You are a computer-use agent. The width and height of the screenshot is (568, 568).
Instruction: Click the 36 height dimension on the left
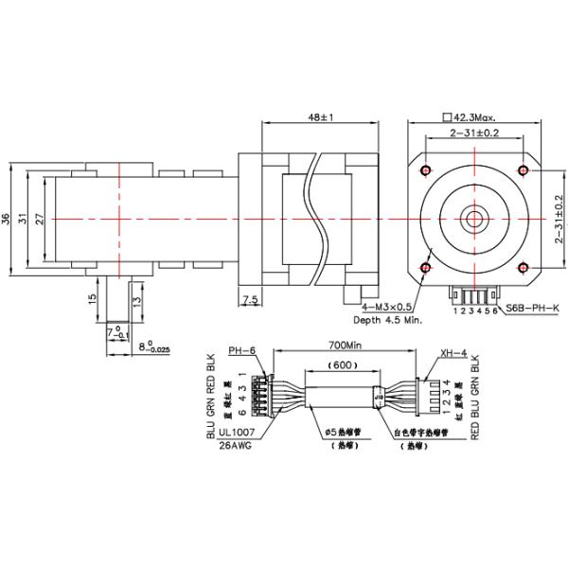pyautogui.click(x=8, y=219)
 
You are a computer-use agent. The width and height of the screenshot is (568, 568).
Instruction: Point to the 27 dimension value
pyautogui.click(x=39, y=219)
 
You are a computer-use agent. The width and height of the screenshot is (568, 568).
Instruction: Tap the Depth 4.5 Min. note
pyautogui.click(x=391, y=320)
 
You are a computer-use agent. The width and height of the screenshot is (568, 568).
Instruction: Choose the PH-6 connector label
pyautogui.click(x=242, y=350)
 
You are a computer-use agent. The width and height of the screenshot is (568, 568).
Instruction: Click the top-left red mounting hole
pyautogui.click(x=424, y=170)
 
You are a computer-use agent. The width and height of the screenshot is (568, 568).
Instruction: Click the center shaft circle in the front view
pyautogui.click(x=473, y=219)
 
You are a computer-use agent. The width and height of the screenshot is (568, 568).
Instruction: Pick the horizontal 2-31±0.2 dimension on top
pyautogui.click(x=474, y=133)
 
